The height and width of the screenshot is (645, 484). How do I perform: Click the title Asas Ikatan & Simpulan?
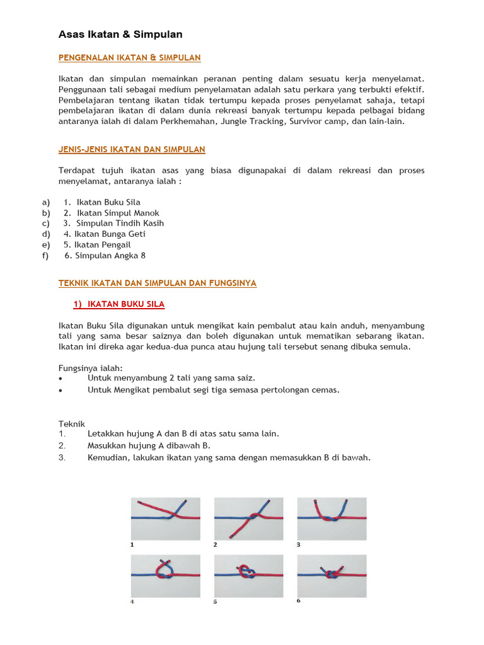click(x=120, y=34)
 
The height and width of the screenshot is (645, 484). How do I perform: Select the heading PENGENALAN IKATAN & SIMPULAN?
click(x=129, y=58)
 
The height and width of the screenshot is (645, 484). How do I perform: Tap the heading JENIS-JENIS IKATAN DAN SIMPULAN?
click(x=132, y=149)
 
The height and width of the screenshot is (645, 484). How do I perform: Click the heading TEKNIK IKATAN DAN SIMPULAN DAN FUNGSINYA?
click(x=158, y=283)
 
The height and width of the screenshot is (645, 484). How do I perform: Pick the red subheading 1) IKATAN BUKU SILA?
click(x=119, y=304)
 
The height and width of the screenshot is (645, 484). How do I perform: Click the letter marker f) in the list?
click(x=45, y=255)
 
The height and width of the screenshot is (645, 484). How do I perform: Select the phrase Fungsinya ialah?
click(x=91, y=367)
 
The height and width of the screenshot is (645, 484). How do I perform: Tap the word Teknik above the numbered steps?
click(x=72, y=424)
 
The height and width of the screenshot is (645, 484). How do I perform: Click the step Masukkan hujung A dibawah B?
click(x=149, y=445)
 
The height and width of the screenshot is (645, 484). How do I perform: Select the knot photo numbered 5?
click(x=248, y=575)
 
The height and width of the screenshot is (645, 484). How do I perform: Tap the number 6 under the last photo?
click(x=299, y=600)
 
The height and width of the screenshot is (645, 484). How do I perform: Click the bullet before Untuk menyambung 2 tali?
click(x=60, y=379)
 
